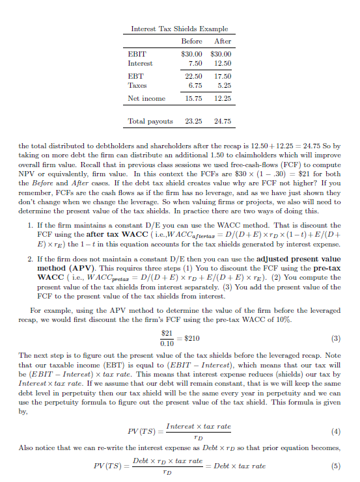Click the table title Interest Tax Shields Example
tap(180, 29)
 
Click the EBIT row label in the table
tap(137, 53)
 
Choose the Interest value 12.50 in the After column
tap(221, 63)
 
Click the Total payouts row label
tap(151, 121)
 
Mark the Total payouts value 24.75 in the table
tap(221, 121)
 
